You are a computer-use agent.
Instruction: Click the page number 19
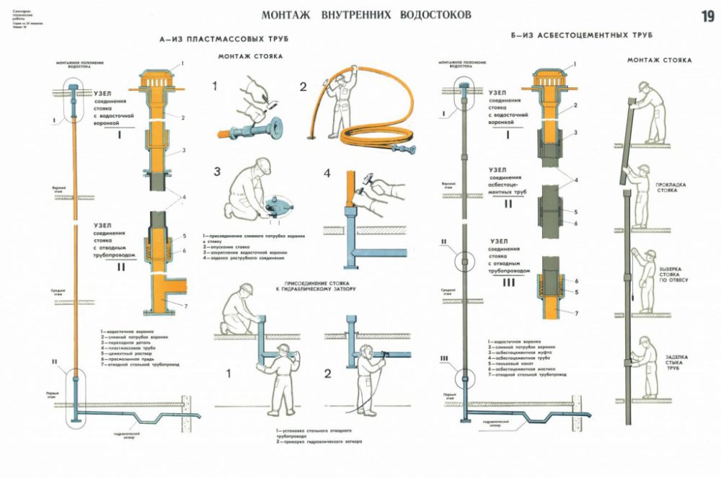(x=705, y=17)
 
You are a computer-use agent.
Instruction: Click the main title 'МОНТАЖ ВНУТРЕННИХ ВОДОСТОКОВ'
(x=366, y=14)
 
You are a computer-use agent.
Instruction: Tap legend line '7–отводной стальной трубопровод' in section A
(x=139, y=365)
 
